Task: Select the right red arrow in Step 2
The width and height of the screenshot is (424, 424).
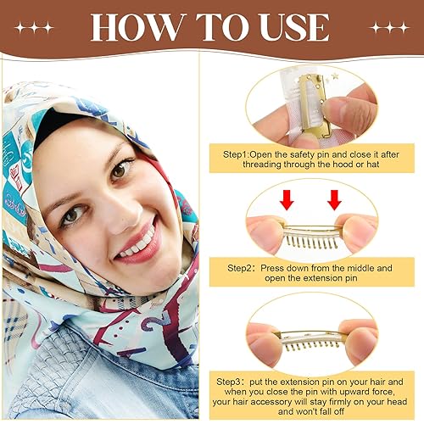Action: pos(334,201)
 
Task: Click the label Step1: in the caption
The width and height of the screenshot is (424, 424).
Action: pos(230,154)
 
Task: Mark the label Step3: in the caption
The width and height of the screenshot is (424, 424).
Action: pos(232,382)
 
